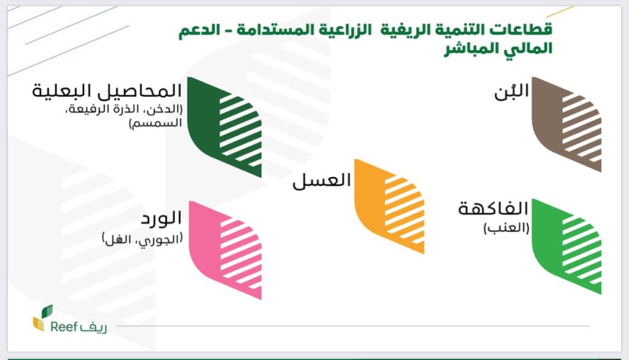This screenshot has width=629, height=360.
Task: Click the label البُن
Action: pos(512,92)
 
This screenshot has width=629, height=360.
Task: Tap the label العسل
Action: pos(322,180)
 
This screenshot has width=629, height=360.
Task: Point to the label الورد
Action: pos(162,218)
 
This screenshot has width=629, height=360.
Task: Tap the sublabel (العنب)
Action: pos(506,228)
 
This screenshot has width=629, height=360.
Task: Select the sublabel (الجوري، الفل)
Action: pos(143,239)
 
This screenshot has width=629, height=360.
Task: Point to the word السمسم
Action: pos(155,123)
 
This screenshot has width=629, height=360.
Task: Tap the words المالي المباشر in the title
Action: pos(498,49)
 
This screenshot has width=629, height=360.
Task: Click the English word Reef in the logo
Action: pos(64,327)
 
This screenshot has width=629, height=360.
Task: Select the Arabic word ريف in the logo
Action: pos(93,327)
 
